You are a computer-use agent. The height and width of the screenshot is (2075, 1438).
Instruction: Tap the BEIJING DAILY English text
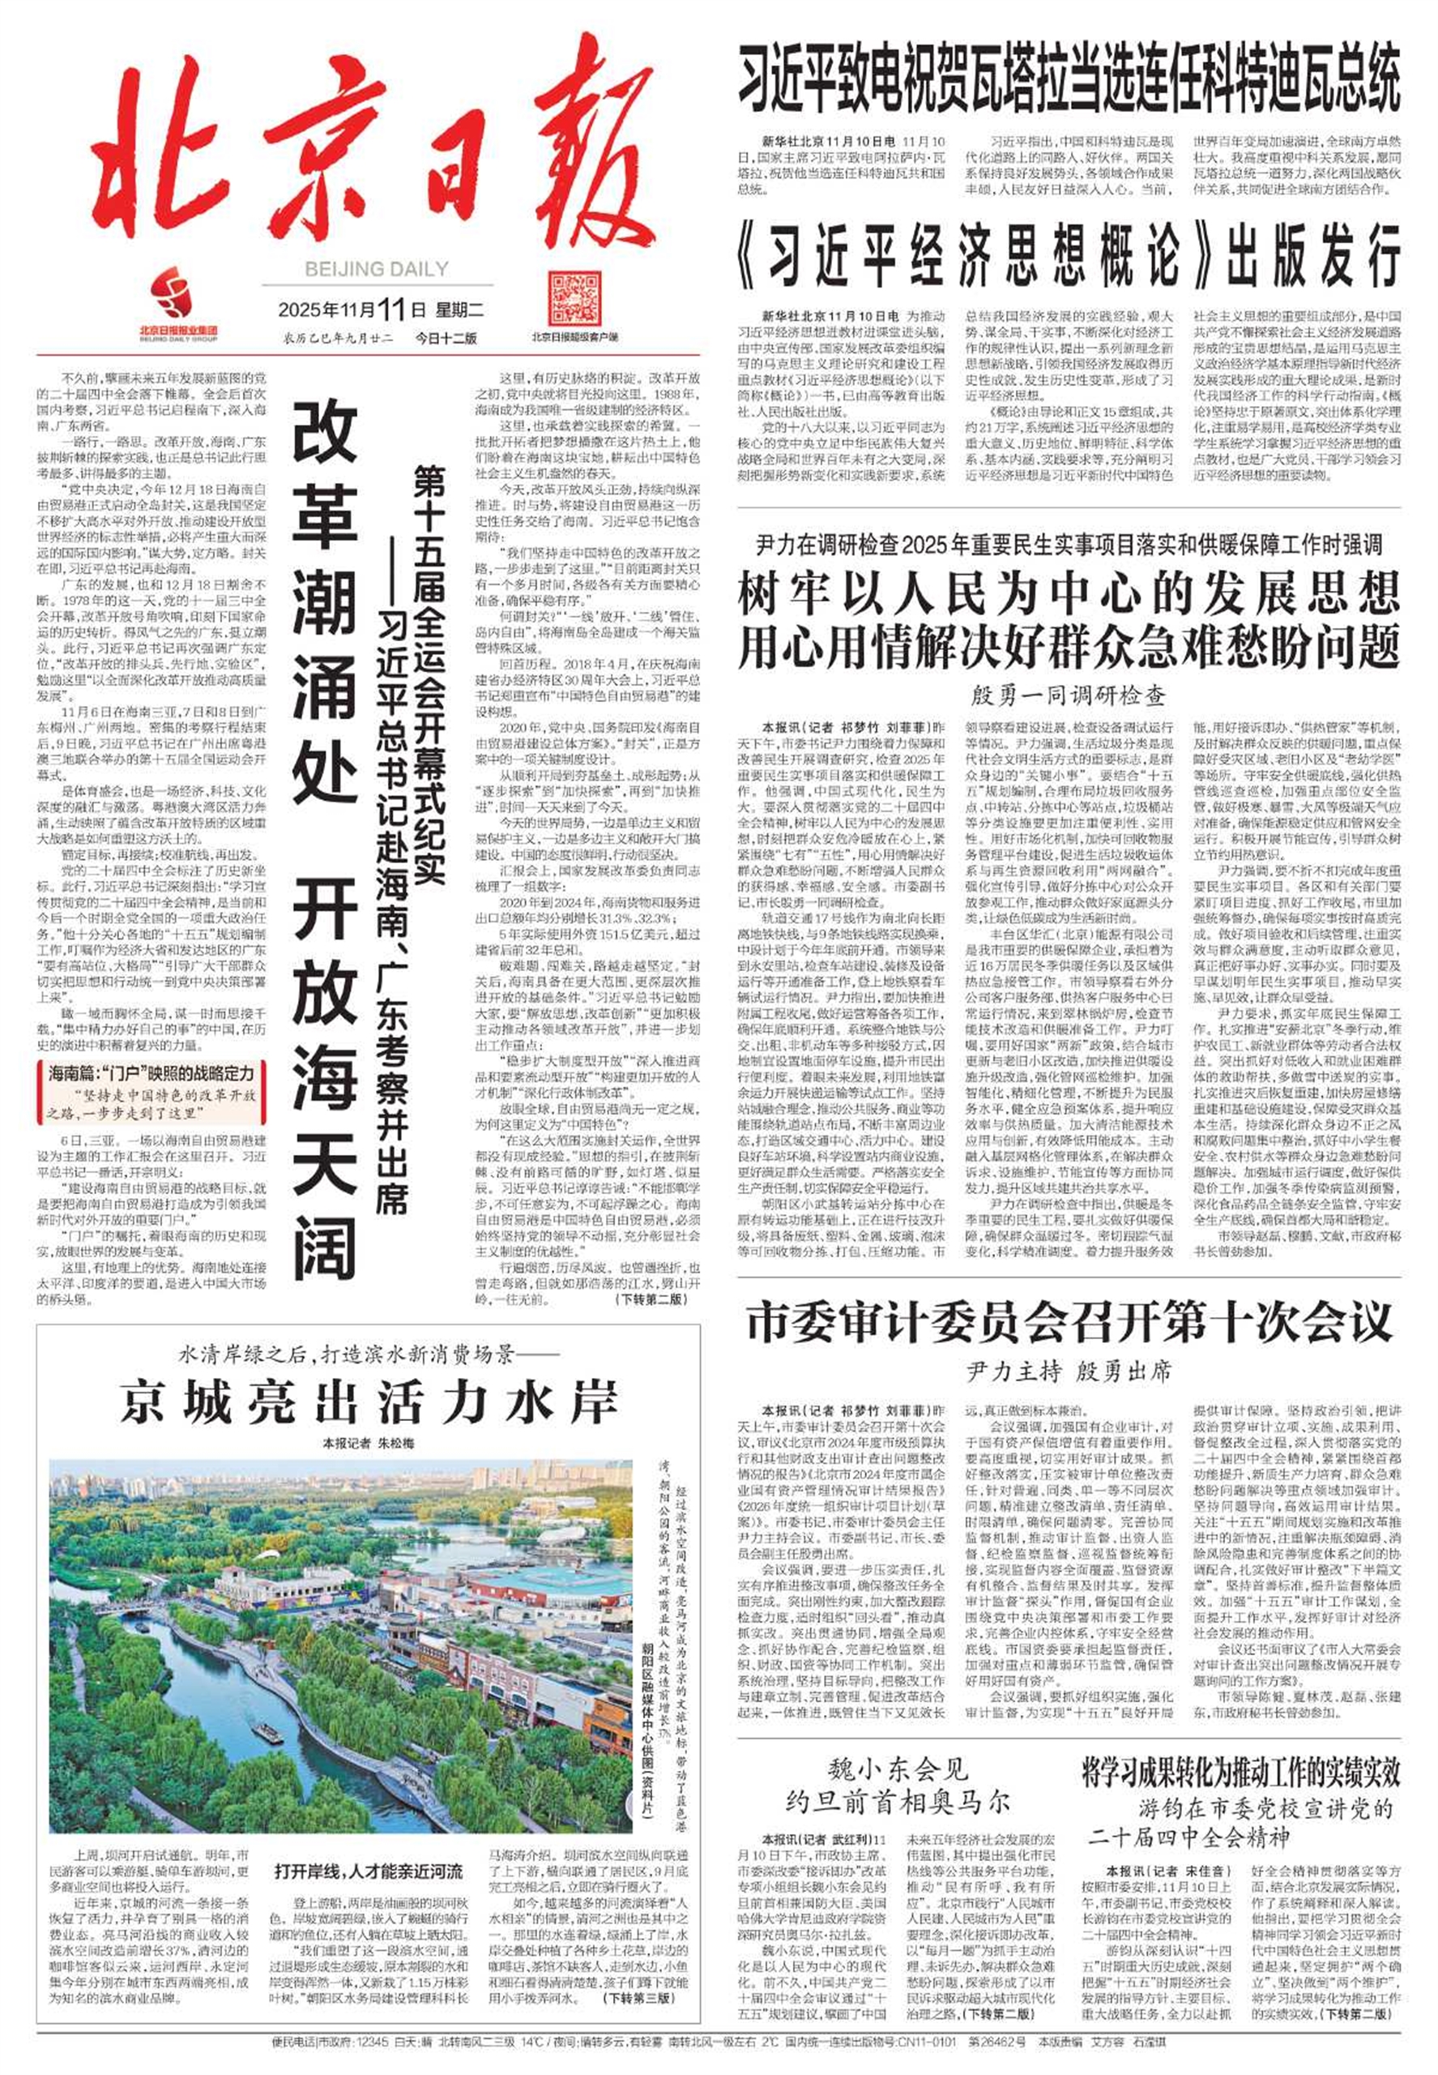[x=376, y=268]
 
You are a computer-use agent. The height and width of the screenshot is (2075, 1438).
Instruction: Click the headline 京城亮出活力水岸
[x=369, y=1402]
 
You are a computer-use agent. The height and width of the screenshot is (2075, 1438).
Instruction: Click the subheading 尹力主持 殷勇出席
[x=1069, y=1372]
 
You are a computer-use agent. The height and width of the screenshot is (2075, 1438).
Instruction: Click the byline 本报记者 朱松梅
[x=369, y=1443]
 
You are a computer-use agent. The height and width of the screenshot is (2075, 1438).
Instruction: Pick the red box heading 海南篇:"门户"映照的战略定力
[x=151, y=1073]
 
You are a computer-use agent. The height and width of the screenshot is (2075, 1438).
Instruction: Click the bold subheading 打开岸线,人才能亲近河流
[x=369, y=1872]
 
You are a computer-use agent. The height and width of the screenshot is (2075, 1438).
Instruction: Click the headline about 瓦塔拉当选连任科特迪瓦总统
[x=1069, y=79]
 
